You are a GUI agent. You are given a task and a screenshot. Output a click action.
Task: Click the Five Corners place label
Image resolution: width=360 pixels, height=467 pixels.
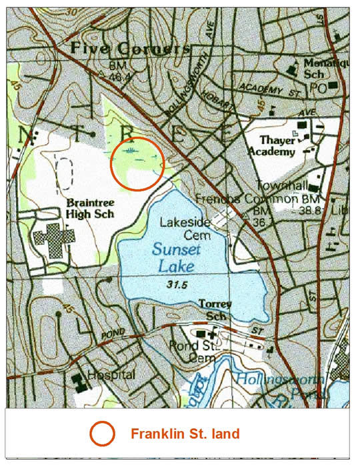130,49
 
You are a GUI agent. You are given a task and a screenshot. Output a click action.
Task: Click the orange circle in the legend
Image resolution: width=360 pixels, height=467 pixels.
103,434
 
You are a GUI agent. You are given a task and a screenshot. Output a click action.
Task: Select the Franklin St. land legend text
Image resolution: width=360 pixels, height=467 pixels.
185,434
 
